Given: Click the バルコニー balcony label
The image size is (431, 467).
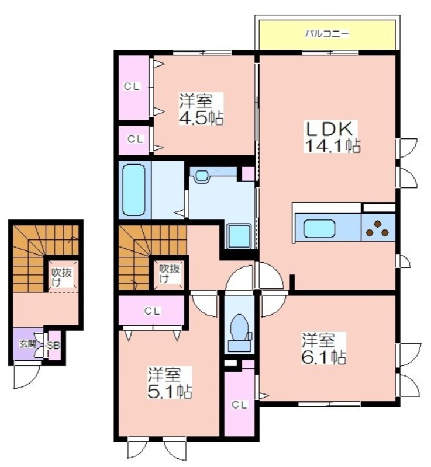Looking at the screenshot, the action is (x=326, y=33).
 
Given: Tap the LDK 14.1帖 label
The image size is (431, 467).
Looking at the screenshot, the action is (x=332, y=137).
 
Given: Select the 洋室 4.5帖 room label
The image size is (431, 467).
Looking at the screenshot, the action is (x=201, y=109).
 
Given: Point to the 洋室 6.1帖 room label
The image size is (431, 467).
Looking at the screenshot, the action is (x=324, y=348).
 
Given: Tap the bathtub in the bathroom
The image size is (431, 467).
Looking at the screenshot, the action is (x=134, y=190).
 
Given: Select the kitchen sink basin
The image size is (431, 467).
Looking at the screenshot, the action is (x=319, y=228).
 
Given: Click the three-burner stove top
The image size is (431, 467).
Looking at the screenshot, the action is (x=378, y=228).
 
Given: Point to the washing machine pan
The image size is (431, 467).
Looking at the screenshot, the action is (x=239, y=236).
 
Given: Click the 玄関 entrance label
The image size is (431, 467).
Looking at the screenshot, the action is (x=27, y=344).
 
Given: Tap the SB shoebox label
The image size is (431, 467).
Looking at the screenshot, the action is (x=54, y=346).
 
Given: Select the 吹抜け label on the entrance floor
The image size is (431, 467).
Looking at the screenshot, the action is (x=62, y=277).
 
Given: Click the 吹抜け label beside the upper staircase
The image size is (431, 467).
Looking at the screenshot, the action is (x=170, y=273).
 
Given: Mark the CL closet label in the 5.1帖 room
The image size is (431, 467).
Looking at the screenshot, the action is (x=153, y=311).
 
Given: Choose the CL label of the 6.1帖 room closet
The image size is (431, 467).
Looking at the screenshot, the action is (x=240, y=405).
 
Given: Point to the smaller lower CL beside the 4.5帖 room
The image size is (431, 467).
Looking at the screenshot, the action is (x=136, y=139).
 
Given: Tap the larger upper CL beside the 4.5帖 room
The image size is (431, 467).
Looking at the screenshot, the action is (x=132, y=86).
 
